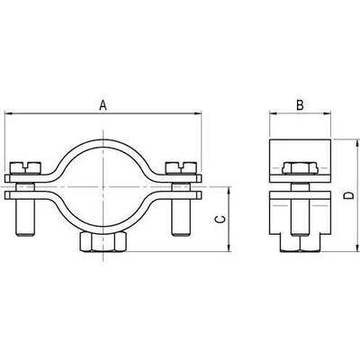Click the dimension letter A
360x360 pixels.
pos(103,105)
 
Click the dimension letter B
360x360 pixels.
pos(300,105)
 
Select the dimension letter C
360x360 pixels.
pos(220,220)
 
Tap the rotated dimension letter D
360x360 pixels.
pos(348,196)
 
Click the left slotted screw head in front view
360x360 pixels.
pos(25,167)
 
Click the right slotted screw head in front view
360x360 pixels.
pos(181,167)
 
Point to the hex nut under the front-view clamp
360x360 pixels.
pos(103,241)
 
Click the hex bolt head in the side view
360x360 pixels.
pos(300,168)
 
